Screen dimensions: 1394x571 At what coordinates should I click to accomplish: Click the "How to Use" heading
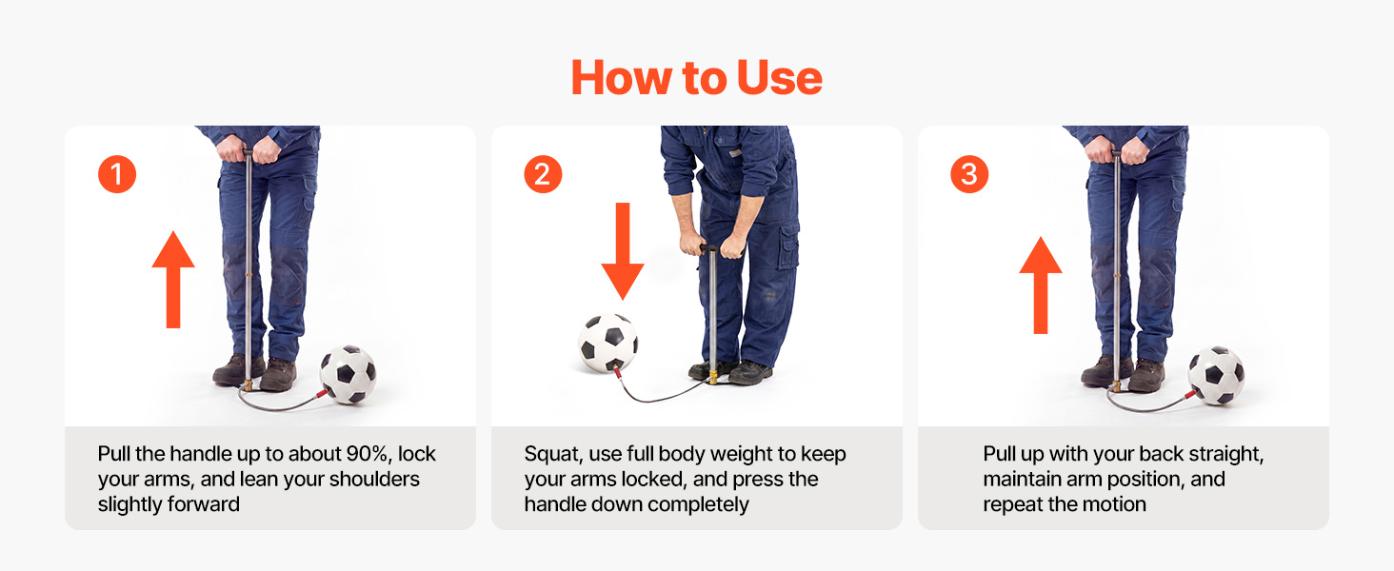coord(696,78)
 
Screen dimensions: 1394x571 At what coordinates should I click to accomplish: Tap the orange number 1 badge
coord(117,174)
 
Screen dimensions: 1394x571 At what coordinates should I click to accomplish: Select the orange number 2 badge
coord(543,174)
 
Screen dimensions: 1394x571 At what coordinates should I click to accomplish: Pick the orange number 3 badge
coord(969,174)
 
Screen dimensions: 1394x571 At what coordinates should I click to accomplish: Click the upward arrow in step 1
coord(173,279)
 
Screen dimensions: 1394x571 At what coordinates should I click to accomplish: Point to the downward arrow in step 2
coord(623,250)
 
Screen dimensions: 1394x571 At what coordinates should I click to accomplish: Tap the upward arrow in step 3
coord(1041,285)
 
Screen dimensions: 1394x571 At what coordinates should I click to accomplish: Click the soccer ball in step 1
coord(348,374)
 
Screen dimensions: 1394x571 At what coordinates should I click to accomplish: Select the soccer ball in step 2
coord(608,344)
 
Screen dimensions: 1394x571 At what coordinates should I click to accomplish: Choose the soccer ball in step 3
coord(1216,376)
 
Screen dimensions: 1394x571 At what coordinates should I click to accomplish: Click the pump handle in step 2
coord(710,247)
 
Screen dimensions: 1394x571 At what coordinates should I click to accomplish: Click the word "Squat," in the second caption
coord(552,455)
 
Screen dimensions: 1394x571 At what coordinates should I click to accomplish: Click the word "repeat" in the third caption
coord(1013,504)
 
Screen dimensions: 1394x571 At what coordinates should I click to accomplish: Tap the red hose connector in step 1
coord(322,393)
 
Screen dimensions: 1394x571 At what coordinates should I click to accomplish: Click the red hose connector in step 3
coord(1190,394)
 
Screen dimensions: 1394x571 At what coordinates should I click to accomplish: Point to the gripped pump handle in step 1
coord(249,151)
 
